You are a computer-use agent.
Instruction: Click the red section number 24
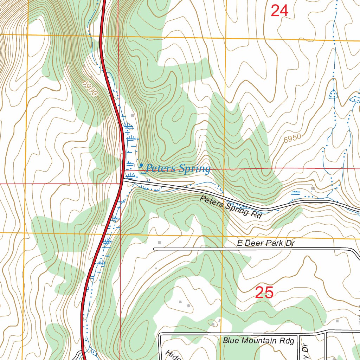pyautogui.click(x=279, y=11)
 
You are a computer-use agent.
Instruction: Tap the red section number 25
pyautogui.click(x=264, y=292)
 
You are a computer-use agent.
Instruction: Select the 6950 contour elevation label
pyautogui.click(x=292, y=138)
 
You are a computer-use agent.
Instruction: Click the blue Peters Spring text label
pyautogui.click(x=178, y=168)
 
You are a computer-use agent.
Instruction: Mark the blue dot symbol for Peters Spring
pyautogui.click(x=141, y=165)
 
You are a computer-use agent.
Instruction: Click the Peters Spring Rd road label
pyautogui.click(x=231, y=208)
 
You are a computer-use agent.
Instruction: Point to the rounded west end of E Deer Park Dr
pyautogui.click(x=154, y=249)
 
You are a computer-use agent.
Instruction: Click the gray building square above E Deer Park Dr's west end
pyautogui.click(x=159, y=243)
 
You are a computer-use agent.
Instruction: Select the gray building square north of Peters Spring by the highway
pyautogui.click(x=133, y=115)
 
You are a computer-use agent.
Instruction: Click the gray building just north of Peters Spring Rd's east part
pyautogui.click(x=313, y=189)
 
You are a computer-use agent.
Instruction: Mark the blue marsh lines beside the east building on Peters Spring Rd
pyautogui.click(x=296, y=192)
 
